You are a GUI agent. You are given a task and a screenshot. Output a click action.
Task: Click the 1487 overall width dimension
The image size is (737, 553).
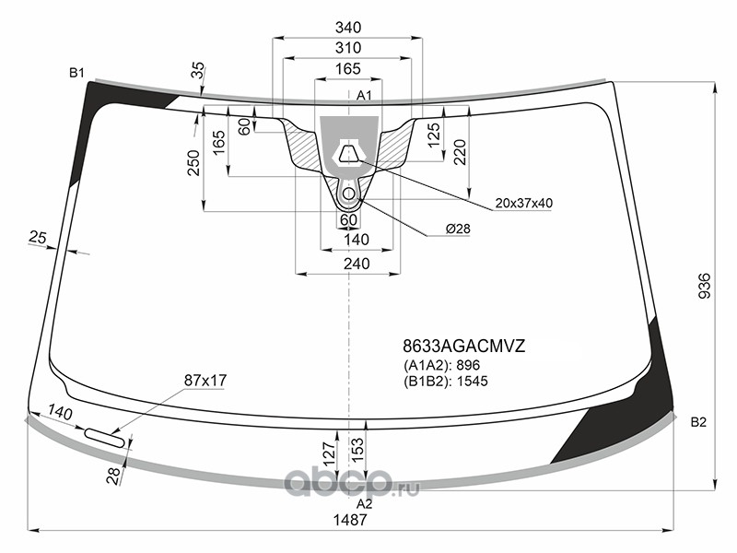(x=349, y=520)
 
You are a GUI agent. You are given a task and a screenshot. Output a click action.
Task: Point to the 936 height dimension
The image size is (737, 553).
(x=704, y=286)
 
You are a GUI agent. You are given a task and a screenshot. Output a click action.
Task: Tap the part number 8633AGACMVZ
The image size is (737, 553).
(x=463, y=347)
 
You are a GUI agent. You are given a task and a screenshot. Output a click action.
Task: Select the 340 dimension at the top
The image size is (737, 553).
(x=348, y=28)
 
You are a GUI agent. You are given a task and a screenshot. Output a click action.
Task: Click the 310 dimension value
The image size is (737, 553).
(x=348, y=48)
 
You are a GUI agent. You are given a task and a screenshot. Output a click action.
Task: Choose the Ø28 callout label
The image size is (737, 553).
(x=457, y=229)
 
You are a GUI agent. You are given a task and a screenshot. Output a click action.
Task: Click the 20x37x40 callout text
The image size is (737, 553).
(x=523, y=203)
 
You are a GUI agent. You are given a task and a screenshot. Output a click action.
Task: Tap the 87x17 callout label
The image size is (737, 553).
(x=205, y=380)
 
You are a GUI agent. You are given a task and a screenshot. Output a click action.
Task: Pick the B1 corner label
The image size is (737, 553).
(x=76, y=73)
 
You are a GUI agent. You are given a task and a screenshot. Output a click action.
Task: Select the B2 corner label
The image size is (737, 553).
(x=698, y=422)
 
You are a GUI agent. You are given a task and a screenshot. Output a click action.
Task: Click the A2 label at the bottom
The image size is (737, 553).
(x=364, y=504)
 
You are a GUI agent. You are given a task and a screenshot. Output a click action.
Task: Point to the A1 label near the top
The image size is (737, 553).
(x=364, y=96)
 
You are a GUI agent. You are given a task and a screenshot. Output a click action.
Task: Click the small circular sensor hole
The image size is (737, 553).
(x=349, y=193)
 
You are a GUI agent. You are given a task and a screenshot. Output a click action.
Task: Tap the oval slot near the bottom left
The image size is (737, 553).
(x=104, y=437)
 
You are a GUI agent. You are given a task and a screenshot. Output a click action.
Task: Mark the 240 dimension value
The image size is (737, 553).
(x=357, y=264)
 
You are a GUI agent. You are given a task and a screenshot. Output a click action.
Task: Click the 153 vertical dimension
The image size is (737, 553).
(x=357, y=449)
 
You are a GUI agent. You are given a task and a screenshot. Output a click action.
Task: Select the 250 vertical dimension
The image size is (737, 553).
(x=193, y=163)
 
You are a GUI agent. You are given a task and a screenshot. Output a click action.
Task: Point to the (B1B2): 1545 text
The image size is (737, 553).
(x=445, y=381)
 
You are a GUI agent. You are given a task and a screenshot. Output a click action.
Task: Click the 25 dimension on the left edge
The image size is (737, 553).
(x=38, y=237)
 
